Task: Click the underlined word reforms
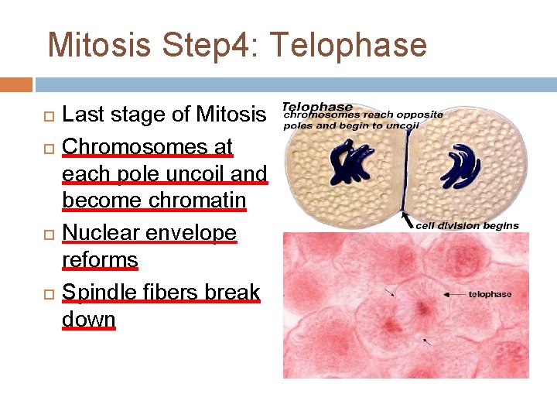(x=100, y=260)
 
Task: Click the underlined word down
(x=88, y=319)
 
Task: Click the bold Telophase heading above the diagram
(x=317, y=107)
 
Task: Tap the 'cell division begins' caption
(x=467, y=225)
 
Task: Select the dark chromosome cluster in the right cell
(x=460, y=165)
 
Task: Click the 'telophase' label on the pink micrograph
(x=490, y=294)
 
